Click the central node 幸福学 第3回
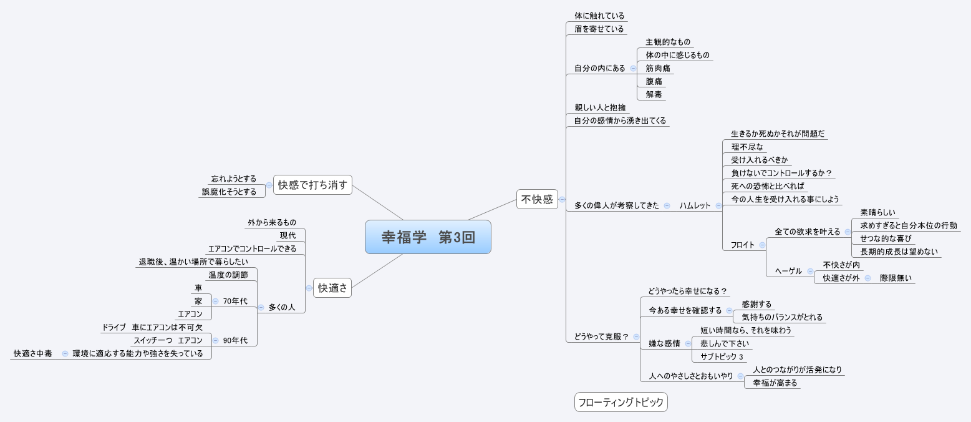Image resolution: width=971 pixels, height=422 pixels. point(428,237)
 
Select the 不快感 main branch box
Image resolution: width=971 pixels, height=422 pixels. point(537,200)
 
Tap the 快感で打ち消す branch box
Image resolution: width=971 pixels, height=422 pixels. point(312,185)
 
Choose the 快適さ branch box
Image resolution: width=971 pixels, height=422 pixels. point(332,288)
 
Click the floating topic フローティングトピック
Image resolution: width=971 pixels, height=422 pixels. point(621,403)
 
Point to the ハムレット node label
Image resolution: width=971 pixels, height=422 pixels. point(695,205)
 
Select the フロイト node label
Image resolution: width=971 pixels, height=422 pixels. point(742,245)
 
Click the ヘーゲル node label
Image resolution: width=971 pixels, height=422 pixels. point(788,272)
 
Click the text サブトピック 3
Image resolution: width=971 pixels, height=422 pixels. point(722,357)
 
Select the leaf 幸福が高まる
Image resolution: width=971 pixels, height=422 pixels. point(775,383)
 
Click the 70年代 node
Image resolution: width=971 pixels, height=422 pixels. point(234,301)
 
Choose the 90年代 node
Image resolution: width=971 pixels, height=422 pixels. point(234,340)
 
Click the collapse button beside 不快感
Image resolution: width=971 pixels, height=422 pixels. point(562,200)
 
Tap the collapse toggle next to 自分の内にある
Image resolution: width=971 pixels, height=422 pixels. point(633,69)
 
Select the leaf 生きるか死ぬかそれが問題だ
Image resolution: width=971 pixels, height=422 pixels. point(778,134)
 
